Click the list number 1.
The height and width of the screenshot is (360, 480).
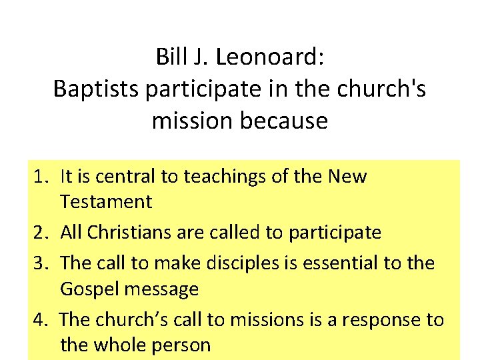click(x=41, y=177)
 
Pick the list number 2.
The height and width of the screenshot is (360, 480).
click(x=41, y=233)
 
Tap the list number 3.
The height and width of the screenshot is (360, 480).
click(x=41, y=263)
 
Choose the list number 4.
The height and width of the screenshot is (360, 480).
click(x=41, y=319)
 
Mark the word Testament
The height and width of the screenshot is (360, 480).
click(x=106, y=201)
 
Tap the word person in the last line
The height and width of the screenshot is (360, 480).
click(x=183, y=345)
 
